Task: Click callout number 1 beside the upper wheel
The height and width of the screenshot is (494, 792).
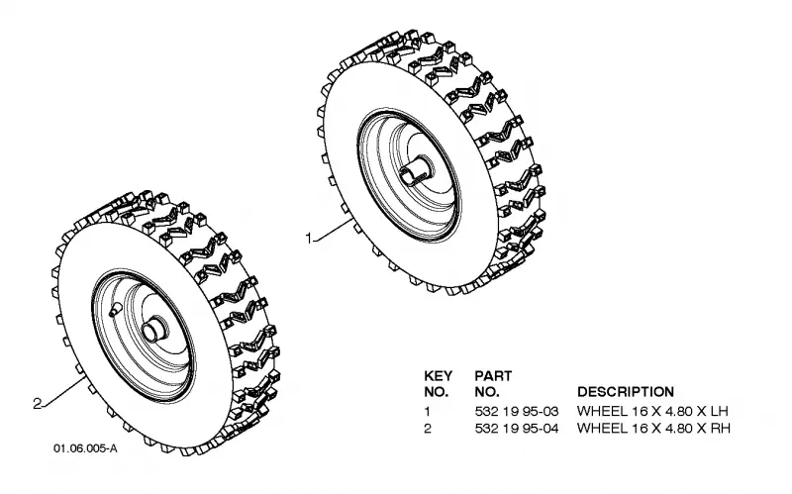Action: pos(309,238)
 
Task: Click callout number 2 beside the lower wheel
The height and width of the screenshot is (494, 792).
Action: pos(37,404)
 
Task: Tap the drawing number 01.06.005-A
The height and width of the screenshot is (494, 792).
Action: pos(85,448)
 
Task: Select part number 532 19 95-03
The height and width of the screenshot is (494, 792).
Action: pos(517,411)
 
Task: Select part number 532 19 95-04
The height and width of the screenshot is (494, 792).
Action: pos(517,429)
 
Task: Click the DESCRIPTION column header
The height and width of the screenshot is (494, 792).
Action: pos(626,392)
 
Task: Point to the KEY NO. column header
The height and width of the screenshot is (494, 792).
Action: pos(438,384)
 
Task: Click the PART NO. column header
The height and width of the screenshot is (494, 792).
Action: pos(493,384)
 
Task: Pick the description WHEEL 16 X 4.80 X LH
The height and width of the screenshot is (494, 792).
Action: pos(652,411)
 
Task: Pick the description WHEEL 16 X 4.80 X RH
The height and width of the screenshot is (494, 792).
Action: pos(653,429)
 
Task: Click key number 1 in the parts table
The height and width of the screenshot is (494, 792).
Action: pos(428,411)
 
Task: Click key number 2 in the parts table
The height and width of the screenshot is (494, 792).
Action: pos(428,429)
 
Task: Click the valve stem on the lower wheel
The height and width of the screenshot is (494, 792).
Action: pos(114,309)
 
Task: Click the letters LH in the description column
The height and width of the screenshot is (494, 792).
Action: pos(720,411)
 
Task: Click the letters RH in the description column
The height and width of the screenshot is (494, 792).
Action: pos(721,429)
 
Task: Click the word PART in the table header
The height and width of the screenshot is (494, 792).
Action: pos(493,376)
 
